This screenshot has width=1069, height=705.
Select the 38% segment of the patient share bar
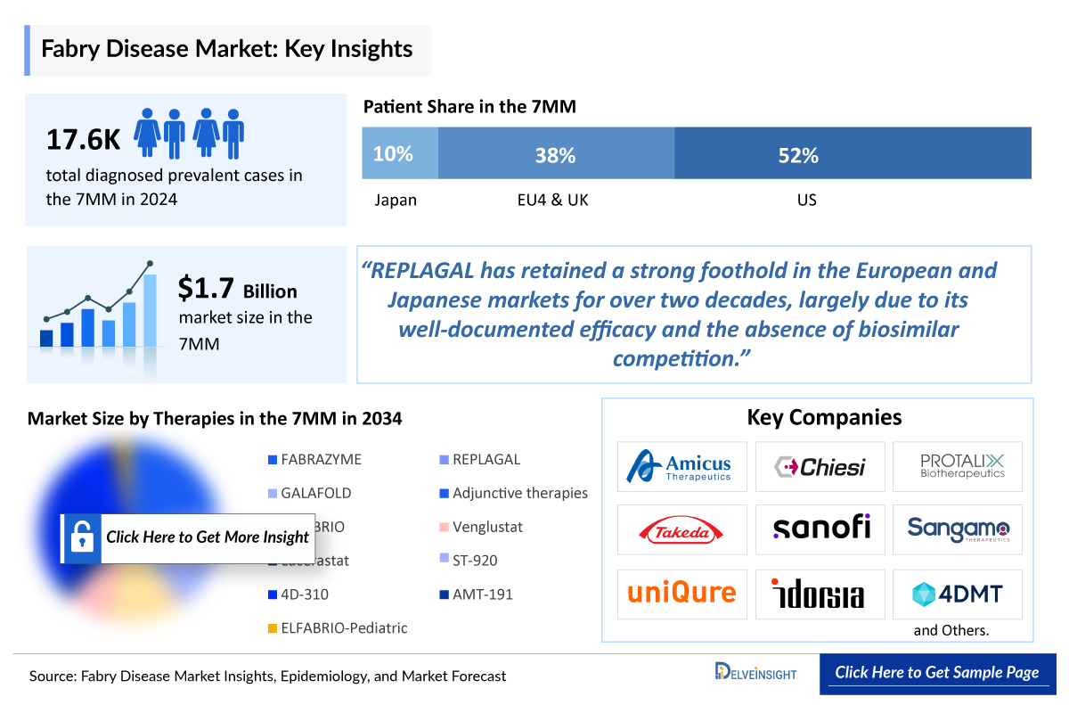coord(556,153)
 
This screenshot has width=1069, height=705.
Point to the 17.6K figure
coord(83,139)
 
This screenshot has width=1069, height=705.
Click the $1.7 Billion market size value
coord(237,289)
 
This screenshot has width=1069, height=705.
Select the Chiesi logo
coord(820,466)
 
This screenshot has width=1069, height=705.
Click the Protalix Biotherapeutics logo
coord(958,466)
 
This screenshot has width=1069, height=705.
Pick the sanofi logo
coord(820,529)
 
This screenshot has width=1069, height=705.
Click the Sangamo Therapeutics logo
coord(958,529)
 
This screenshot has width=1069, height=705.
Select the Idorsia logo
coord(820,594)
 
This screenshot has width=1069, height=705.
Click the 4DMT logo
coord(958,594)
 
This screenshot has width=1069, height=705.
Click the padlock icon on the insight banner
coord(82,537)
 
